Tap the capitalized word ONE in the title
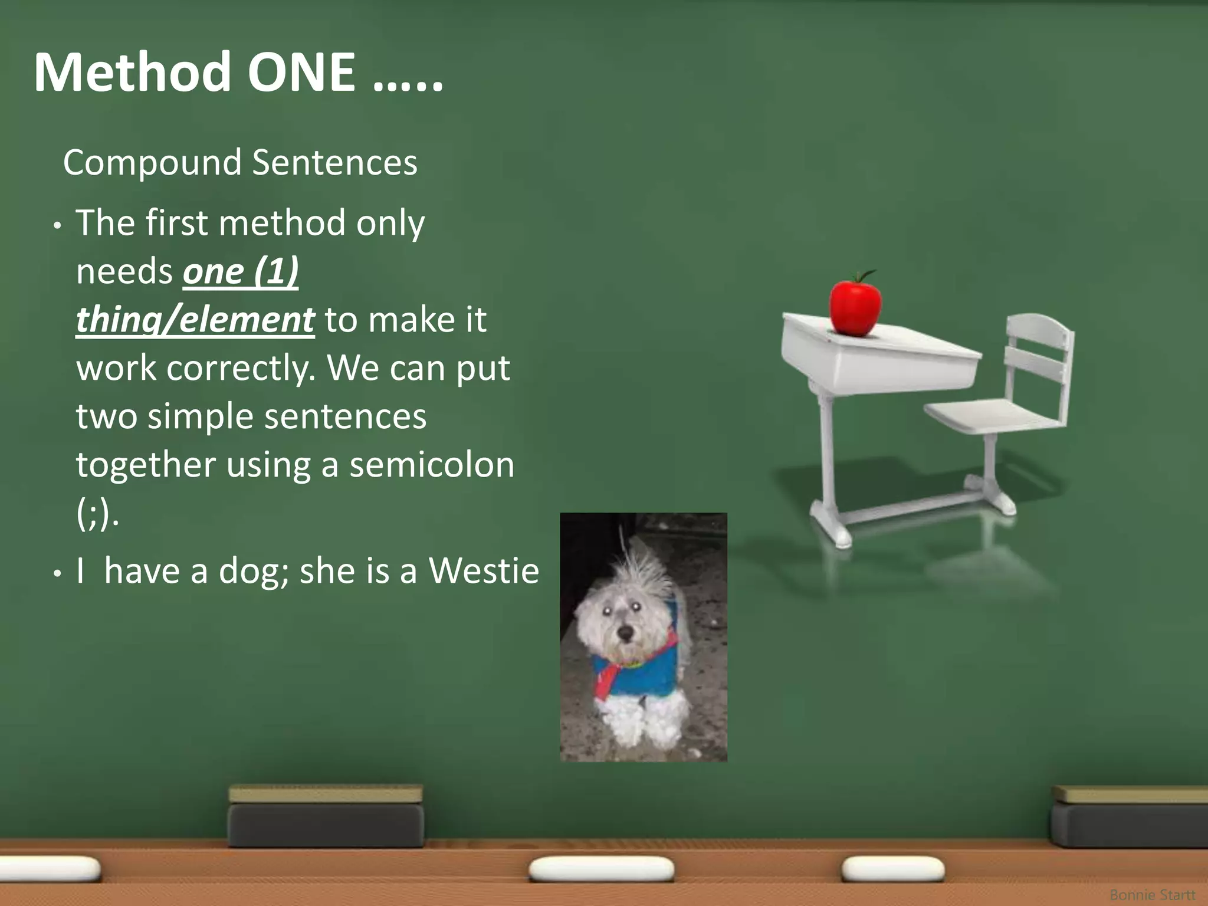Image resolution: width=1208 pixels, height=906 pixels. click(x=301, y=73)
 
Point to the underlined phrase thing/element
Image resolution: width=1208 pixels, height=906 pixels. click(x=195, y=320)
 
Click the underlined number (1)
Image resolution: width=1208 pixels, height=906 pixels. click(x=276, y=271)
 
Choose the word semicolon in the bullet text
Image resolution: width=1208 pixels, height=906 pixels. click(x=432, y=465)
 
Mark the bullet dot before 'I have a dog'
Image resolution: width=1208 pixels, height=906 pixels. click(x=57, y=573)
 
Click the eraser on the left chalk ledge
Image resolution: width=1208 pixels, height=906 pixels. click(x=326, y=817)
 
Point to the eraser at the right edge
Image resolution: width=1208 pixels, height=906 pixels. click(x=1130, y=817)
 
